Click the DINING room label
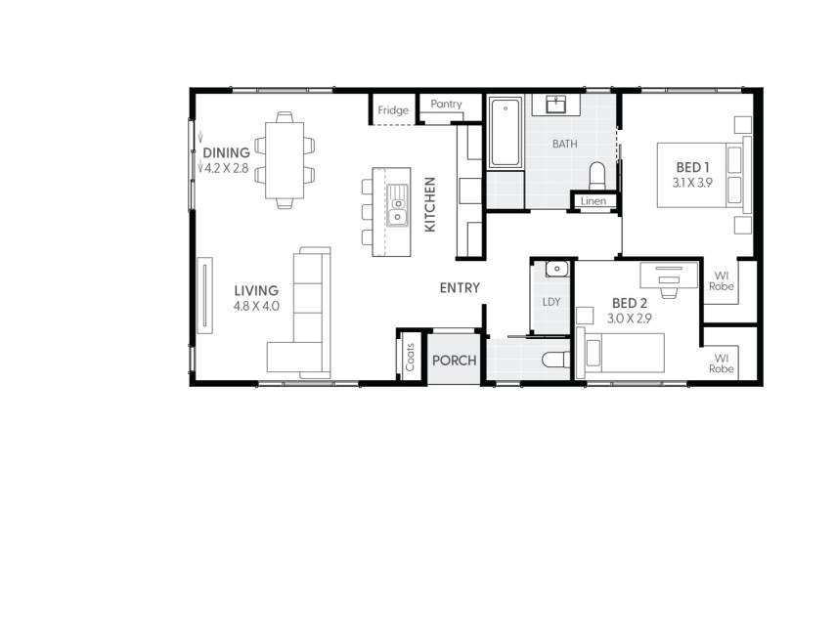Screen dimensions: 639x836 click(x=226, y=152)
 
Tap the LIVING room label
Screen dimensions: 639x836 click(x=256, y=290)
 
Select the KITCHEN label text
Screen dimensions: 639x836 click(x=429, y=204)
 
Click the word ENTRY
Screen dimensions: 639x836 click(x=460, y=288)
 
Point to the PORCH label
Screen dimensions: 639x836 click(x=454, y=361)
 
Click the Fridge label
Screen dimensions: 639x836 click(x=393, y=110)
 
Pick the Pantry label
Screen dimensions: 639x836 click(x=446, y=105)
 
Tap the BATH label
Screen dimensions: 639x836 click(x=564, y=144)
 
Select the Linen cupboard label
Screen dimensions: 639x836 click(x=594, y=201)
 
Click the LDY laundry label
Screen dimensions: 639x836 click(x=551, y=302)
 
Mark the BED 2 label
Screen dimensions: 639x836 click(x=630, y=303)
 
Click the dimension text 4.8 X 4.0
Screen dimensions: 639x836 click(x=256, y=306)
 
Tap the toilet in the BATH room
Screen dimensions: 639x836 click(x=597, y=175)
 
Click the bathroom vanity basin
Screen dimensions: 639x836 click(x=557, y=104)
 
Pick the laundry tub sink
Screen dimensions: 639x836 click(x=555, y=269)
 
